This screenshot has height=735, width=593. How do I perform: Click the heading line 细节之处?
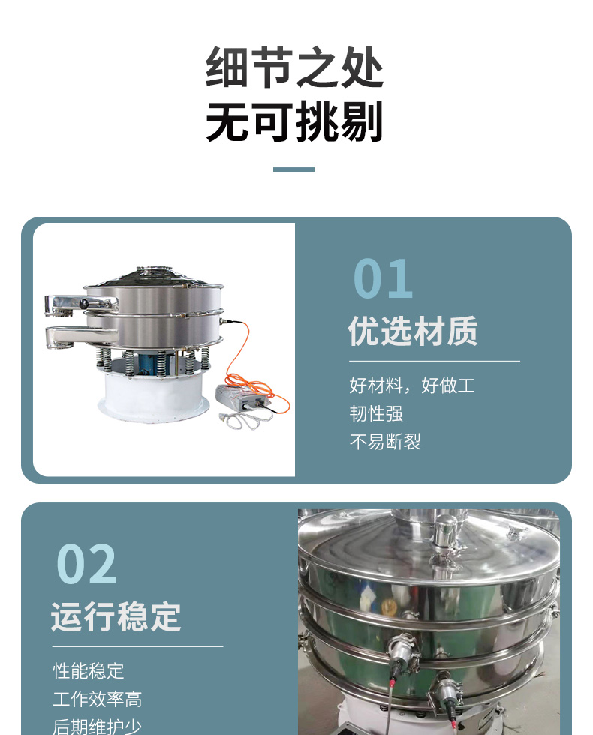294,67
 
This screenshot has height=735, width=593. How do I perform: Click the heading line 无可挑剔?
294,121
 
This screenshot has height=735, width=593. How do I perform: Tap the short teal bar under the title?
293,169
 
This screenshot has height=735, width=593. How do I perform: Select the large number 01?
383,278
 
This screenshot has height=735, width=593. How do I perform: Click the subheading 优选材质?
413,331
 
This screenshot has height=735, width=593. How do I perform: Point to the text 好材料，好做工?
412,385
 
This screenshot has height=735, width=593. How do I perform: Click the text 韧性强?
376,413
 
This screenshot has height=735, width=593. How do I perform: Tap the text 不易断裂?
385,442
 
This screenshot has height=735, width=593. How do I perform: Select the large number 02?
86,564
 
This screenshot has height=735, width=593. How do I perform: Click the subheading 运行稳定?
116,616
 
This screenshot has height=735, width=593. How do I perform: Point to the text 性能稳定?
89,670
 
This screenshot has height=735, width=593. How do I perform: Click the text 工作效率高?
97,699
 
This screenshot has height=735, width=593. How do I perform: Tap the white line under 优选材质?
435,361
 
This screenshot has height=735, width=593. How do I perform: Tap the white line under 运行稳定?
137,646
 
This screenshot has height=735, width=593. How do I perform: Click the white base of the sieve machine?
153,397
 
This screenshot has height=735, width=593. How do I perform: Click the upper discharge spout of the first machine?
80,304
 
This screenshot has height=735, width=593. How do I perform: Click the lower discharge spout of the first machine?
77,336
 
